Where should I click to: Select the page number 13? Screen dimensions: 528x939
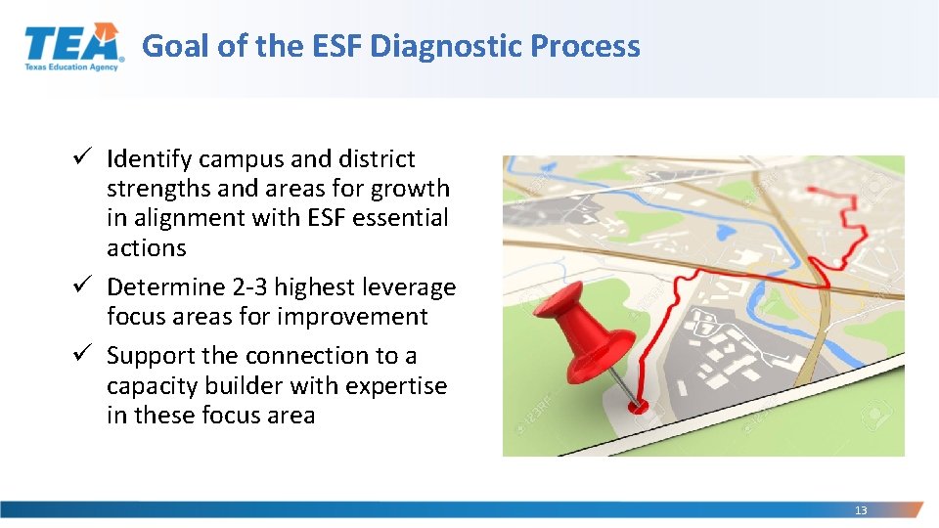tap(861, 510)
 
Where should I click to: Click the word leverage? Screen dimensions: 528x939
tap(409, 287)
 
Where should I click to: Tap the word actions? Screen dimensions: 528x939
tap(146, 248)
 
